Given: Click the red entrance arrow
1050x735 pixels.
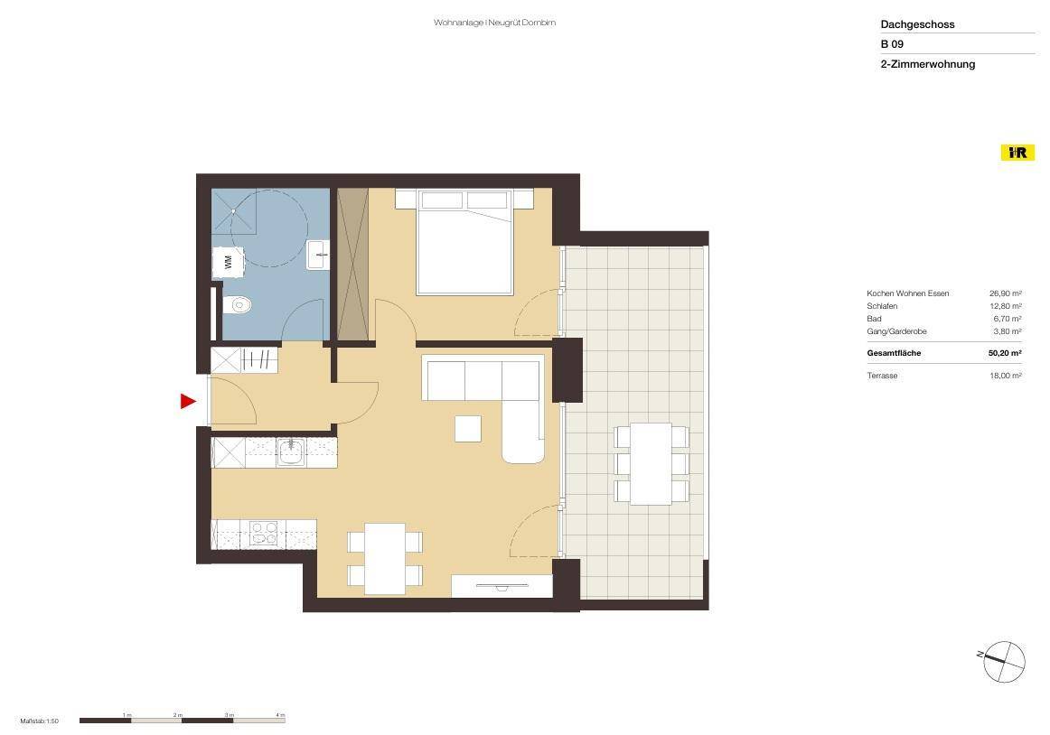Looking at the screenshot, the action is (188, 402).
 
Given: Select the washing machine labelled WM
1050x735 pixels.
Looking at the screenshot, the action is (228, 263).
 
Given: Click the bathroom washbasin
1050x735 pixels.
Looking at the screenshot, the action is (318, 255).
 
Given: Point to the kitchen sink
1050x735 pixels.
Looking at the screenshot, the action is (291, 451).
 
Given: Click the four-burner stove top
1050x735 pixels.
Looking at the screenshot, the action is (263, 534).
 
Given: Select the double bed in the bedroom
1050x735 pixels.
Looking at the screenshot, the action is (464, 242).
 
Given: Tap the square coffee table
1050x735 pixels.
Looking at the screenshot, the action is (468, 429).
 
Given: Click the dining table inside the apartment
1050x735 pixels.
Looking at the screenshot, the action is (384, 559).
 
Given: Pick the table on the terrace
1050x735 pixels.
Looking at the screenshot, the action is (651, 464).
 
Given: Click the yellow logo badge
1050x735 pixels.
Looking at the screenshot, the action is (1017, 153).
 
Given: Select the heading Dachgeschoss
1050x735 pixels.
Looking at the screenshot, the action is (917, 24).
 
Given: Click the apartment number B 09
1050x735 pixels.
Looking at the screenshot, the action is (892, 44).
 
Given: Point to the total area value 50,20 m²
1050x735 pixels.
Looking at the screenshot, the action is (1005, 353).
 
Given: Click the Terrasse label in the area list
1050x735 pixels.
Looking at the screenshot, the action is (882, 376).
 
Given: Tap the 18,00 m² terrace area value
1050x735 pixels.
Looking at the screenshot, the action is (1005, 376).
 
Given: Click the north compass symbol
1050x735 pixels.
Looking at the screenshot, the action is (1003, 661).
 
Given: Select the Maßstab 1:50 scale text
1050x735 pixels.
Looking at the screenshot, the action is (40, 721).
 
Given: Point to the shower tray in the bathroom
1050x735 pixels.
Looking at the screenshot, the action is (234, 211).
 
